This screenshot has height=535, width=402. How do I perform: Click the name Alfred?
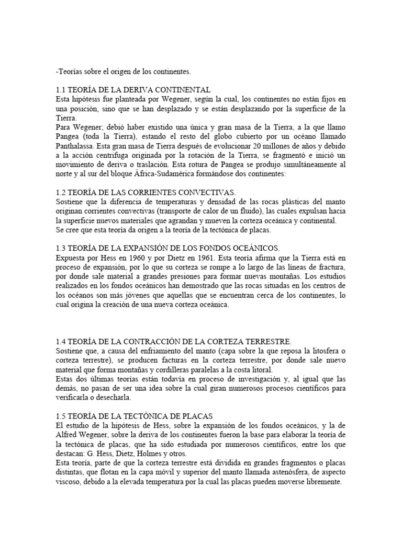[x=68, y=426]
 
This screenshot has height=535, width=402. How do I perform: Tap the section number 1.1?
[x=61, y=90]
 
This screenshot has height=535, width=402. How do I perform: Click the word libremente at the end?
[x=319, y=483]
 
